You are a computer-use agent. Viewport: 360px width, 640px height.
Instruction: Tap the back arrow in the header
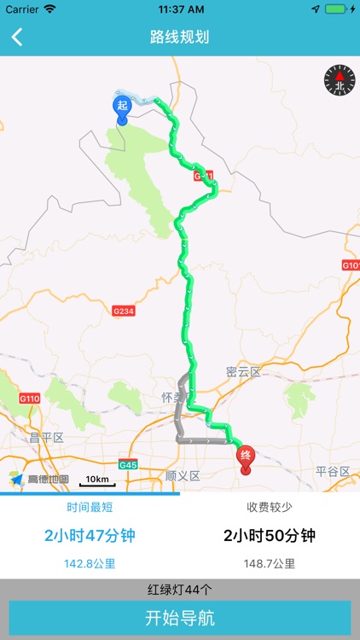(x=17, y=37)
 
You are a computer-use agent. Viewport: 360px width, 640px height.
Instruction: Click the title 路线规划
(x=179, y=37)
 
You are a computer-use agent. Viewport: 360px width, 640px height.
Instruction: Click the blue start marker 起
(x=122, y=107)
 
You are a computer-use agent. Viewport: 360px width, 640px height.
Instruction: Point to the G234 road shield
(x=124, y=311)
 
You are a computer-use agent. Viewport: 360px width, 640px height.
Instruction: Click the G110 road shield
(x=30, y=399)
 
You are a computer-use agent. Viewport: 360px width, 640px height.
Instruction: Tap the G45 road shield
(x=129, y=465)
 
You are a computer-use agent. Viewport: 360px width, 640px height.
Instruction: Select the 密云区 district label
(x=243, y=372)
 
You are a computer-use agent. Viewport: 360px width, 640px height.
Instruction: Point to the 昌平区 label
(x=47, y=438)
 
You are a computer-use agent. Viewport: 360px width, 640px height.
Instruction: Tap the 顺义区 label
(x=182, y=475)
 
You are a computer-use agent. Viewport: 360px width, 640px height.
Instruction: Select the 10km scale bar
(x=97, y=481)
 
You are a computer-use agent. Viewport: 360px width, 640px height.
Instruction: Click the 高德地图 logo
(x=40, y=480)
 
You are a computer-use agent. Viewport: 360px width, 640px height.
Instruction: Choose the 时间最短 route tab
(x=90, y=507)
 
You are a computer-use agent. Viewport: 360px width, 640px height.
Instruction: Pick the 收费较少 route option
(x=270, y=507)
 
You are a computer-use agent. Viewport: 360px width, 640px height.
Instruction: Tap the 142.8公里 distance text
(x=90, y=563)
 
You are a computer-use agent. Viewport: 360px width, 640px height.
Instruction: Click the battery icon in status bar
(x=338, y=9)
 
